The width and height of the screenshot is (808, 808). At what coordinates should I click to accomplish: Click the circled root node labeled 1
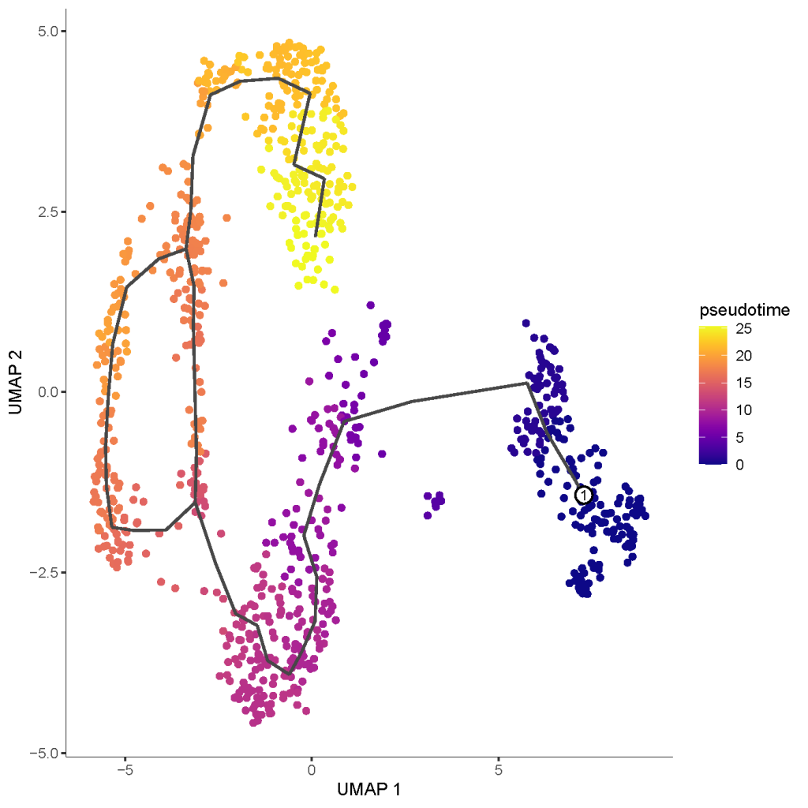583,495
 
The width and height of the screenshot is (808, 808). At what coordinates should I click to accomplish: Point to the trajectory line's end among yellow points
316,235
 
